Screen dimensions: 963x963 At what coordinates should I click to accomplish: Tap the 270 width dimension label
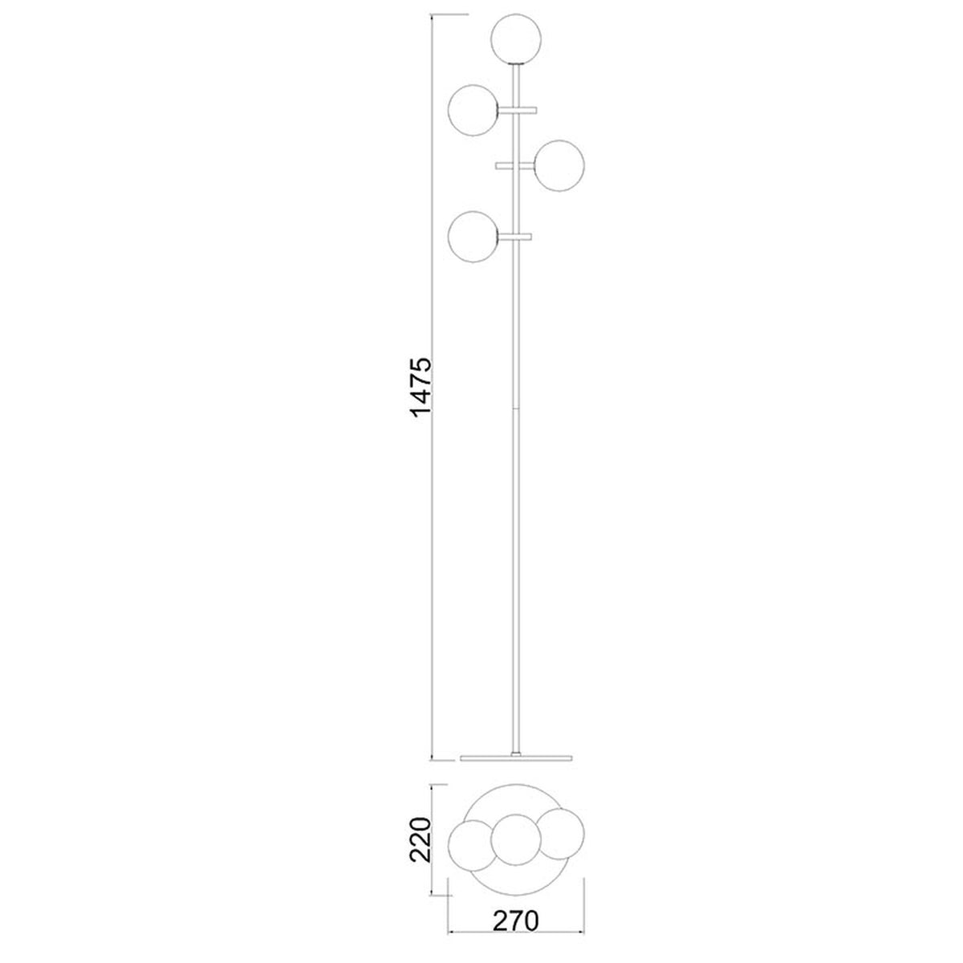(516, 920)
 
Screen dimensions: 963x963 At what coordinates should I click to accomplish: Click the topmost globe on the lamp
(516, 39)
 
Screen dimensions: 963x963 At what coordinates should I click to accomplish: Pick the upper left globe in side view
(473, 110)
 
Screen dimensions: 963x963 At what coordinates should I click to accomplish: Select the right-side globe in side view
(559, 165)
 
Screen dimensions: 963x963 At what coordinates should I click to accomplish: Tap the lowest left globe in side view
(473, 237)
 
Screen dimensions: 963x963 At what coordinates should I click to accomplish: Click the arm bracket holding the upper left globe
(518, 109)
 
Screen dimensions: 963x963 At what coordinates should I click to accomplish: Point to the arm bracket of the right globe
(515, 165)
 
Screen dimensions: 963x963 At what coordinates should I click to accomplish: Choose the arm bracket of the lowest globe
(515, 237)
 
